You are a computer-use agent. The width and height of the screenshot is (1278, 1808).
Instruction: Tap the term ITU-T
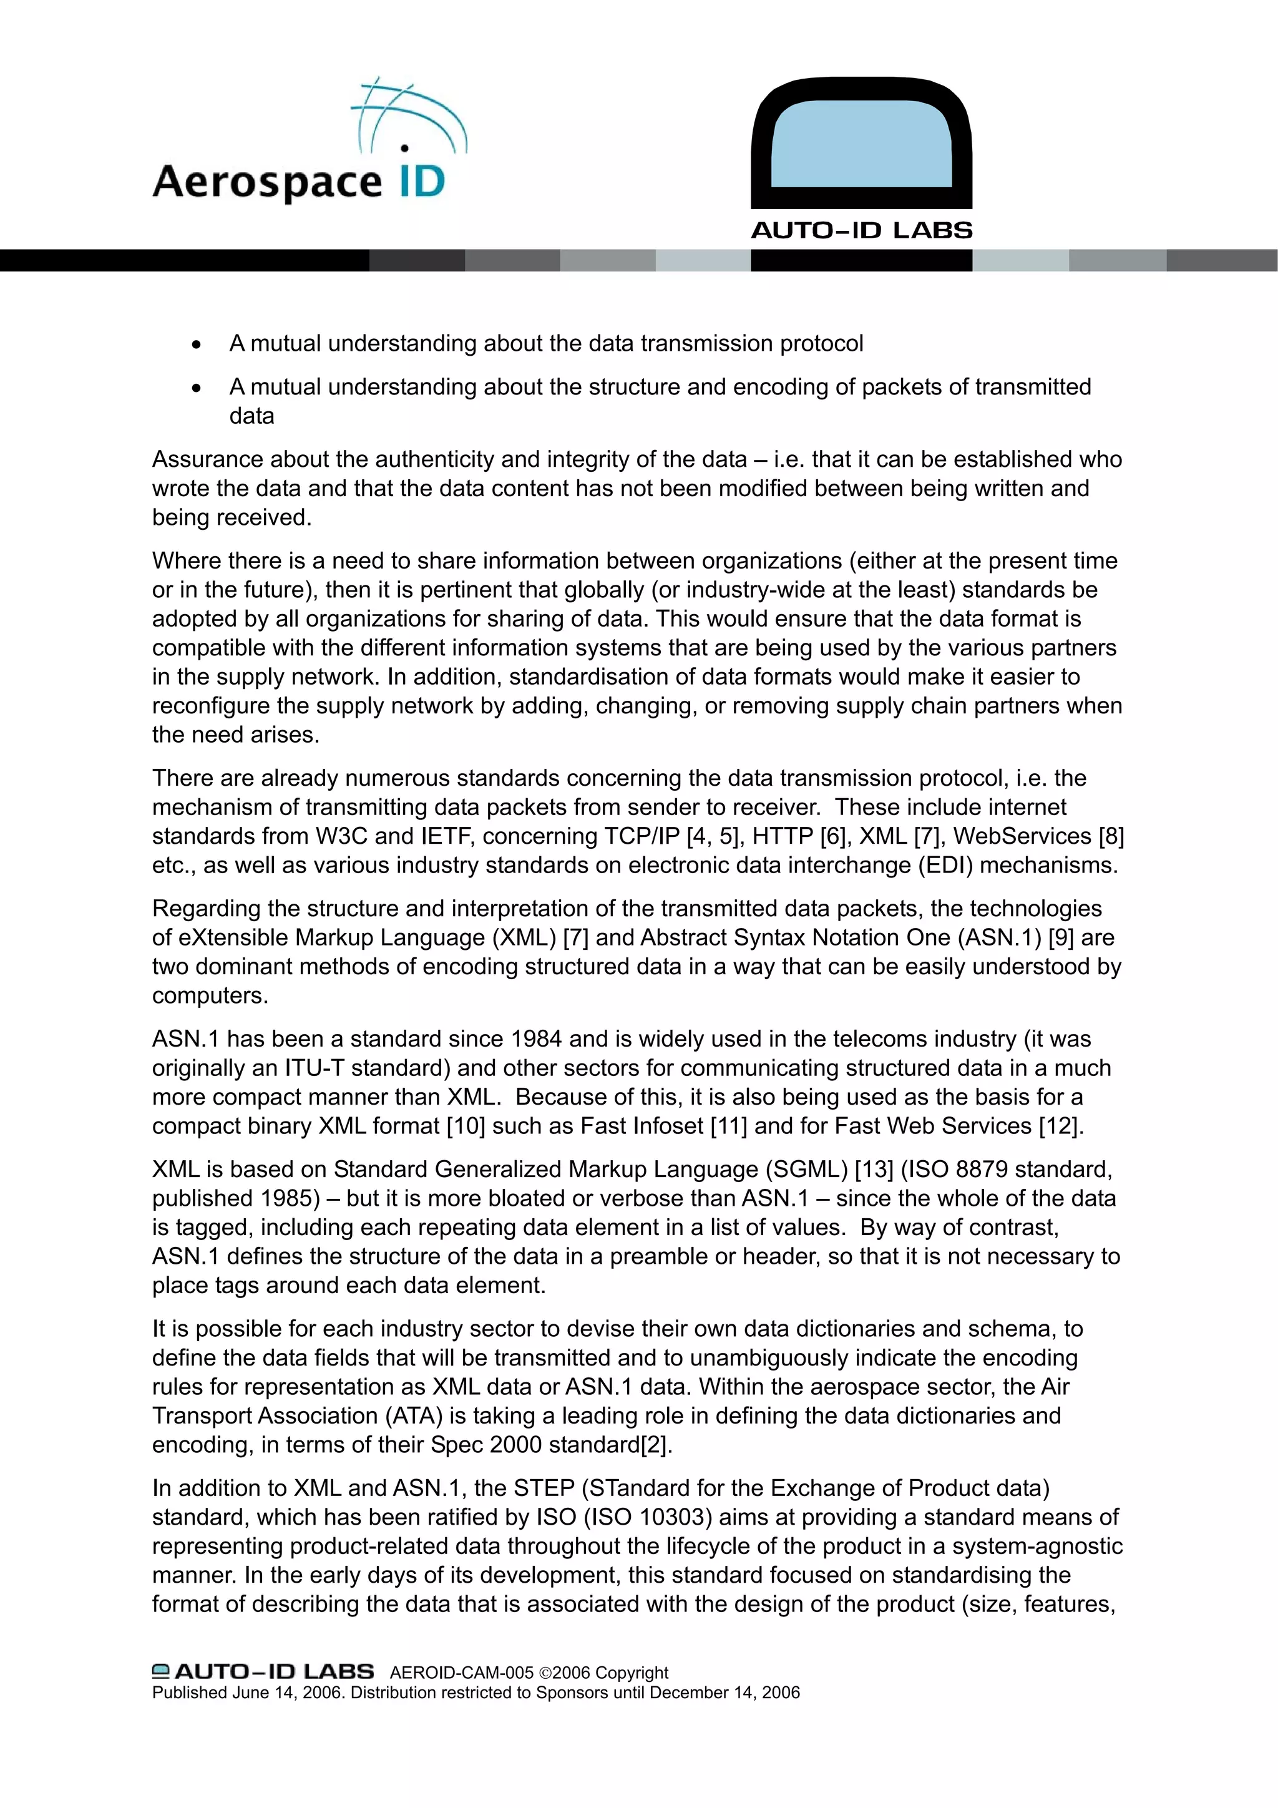pos(314,1068)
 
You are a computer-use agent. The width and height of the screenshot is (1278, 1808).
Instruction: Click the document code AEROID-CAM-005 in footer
pos(461,1673)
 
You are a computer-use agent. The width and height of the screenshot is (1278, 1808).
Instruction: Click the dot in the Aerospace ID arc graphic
pos(405,147)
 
